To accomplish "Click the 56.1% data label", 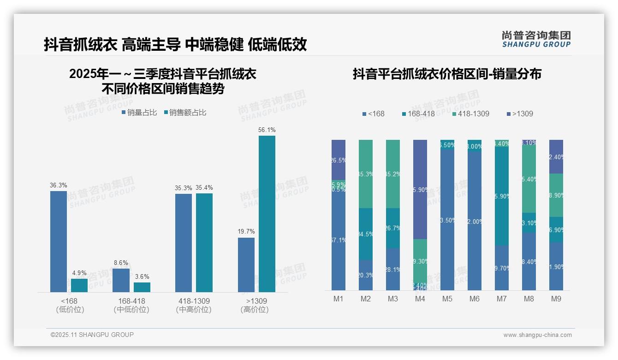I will coord(267,130).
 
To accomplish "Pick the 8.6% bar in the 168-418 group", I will coord(121,280).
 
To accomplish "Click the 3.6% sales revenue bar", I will coord(142,287).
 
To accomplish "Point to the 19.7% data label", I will coord(246,231).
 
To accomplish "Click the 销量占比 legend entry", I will coord(139,113).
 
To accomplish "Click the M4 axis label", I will coord(420,299).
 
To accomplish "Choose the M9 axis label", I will coord(556,299).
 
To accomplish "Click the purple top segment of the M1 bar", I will coord(339,160).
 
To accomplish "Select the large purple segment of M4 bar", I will coord(420,189).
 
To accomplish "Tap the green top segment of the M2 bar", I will coord(366,174).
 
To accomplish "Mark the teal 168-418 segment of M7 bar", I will coord(502,196).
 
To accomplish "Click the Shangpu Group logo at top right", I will coord(536,39).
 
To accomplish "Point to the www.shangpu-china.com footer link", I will coord(537,335).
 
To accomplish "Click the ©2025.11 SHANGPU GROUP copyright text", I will coord(92,335).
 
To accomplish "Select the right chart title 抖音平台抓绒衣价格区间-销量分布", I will coord(447,74).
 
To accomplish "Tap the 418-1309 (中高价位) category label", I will coord(194,305).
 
